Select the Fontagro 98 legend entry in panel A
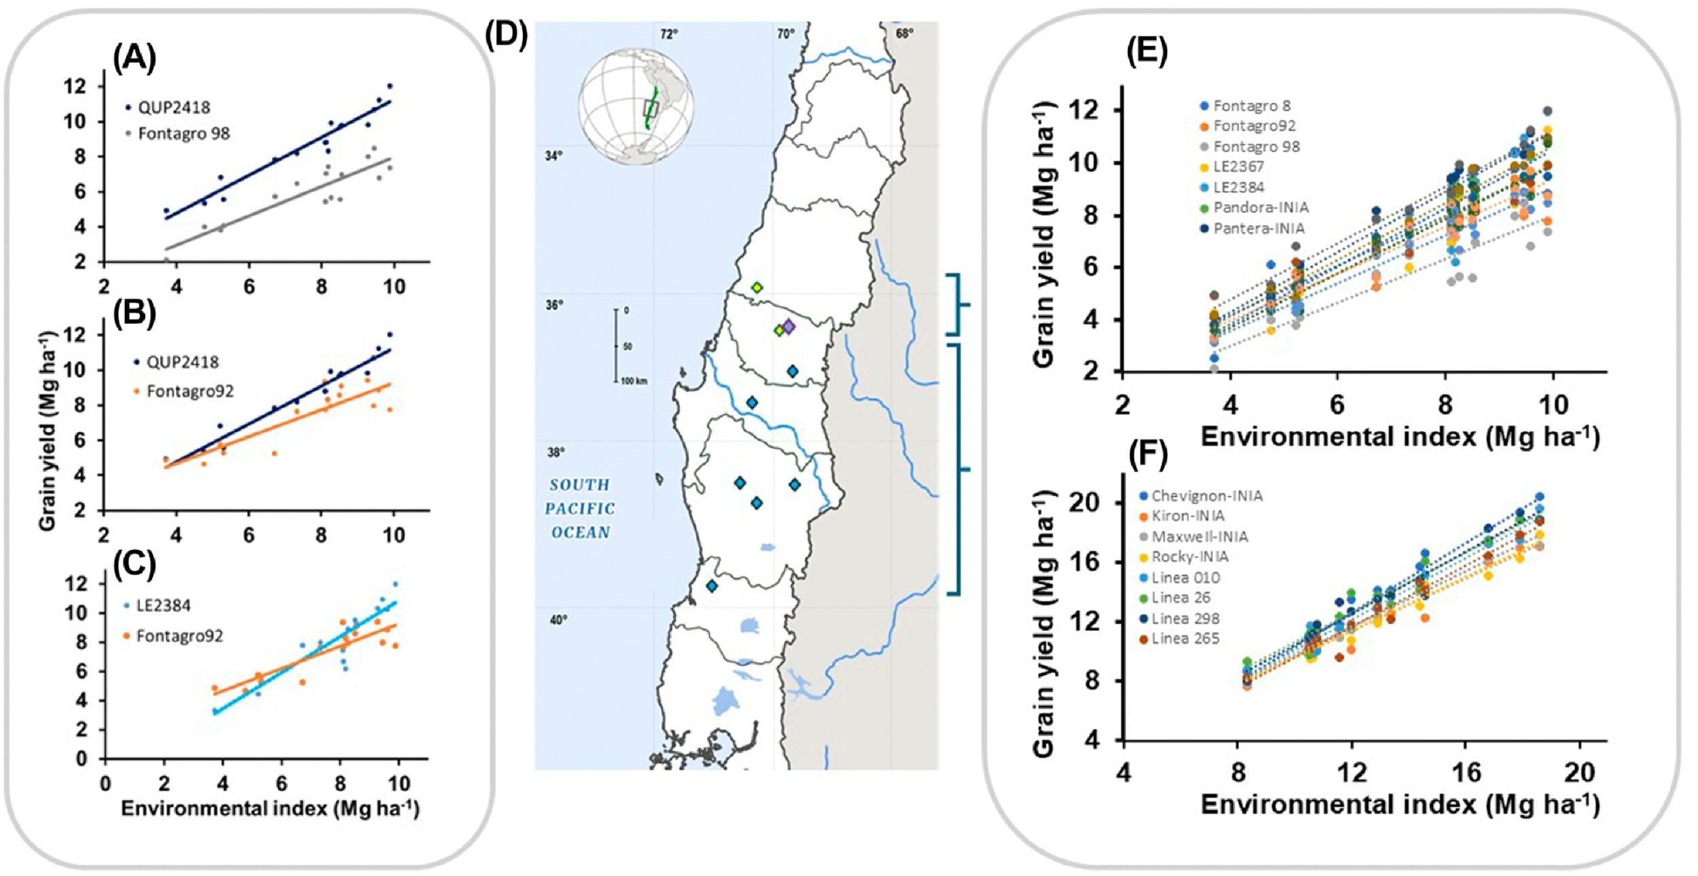[x=183, y=134]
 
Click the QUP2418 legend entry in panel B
[x=182, y=362]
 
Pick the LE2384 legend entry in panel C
[x=163, y=606]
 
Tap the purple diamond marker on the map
[x=788, y=327]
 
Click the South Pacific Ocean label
[x=579, y=509]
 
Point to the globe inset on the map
[x=635, y=106]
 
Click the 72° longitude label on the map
[x=669, y=34]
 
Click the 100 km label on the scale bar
[x=634, y=381]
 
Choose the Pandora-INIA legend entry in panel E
[x=1260, y=208]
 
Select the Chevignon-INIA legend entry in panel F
[x=1206, y=496]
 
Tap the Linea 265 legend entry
[x=1185, y=639]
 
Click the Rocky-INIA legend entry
[x=1189, y=558]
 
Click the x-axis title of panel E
[x=1400, y=437]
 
